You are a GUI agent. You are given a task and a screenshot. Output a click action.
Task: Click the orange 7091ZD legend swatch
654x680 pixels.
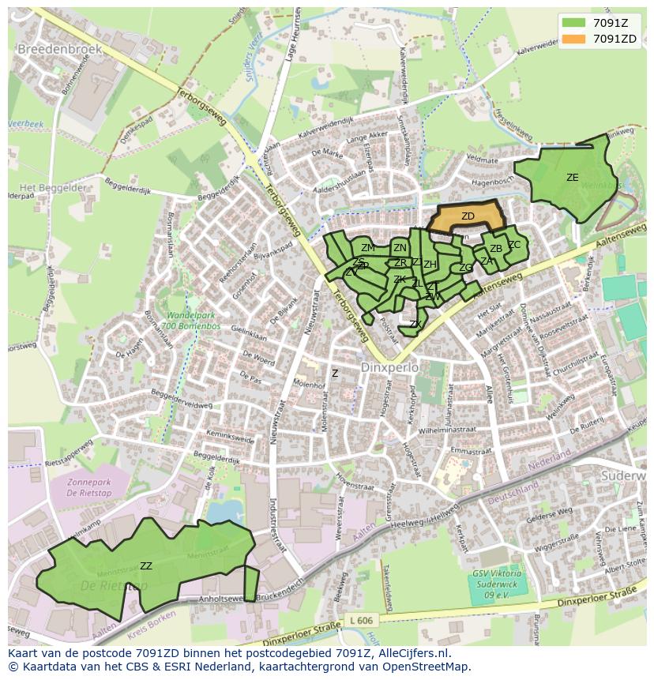[574, 39]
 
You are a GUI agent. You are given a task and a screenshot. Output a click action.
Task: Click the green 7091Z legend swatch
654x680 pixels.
[574, 23]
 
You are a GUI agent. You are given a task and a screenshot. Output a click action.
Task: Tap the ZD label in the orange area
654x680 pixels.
[468, 216]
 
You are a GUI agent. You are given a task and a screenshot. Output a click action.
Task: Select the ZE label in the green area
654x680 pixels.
[572, 178]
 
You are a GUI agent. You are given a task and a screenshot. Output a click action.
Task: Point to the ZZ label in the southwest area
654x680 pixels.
[146, 565]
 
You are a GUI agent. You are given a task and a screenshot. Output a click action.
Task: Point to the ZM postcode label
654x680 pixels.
[368, 248]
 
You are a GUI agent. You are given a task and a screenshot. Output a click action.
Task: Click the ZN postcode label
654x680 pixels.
[400, 248]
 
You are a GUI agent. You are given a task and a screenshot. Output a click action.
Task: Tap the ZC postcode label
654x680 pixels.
[514, 245]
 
